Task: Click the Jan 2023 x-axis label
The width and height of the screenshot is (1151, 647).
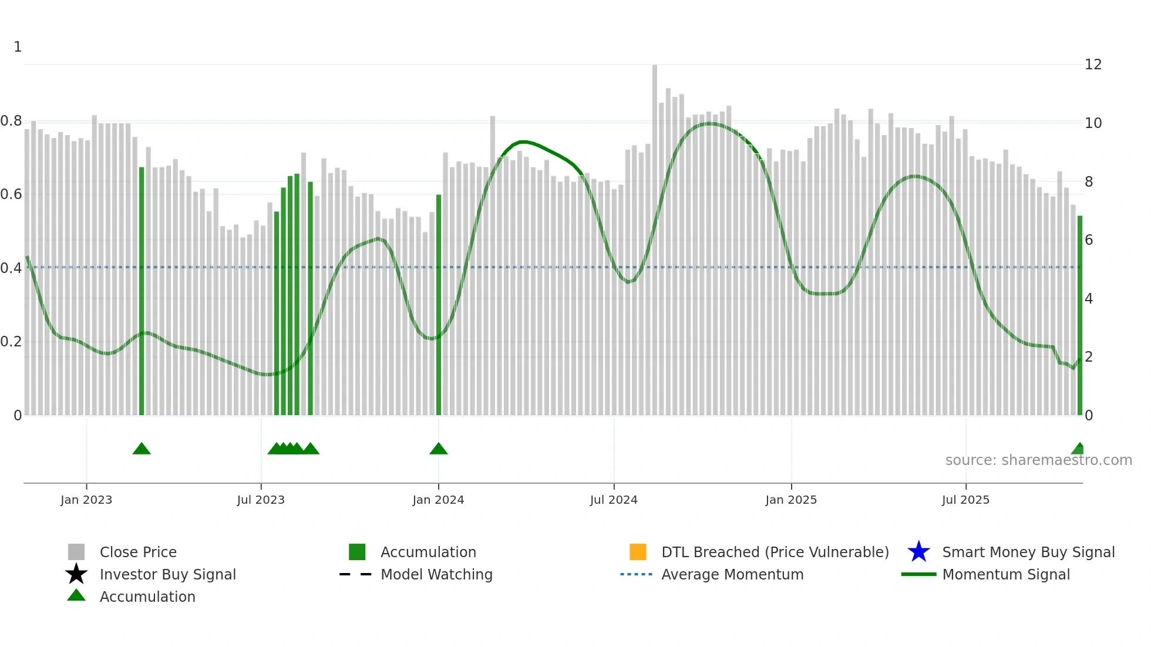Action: click(x=86, y=500)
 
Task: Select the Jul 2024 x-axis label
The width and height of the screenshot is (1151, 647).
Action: click(x=614, y=500)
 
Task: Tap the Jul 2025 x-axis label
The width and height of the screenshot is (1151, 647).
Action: click(x=965, y=500)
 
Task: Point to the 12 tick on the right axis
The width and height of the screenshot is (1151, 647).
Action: click(x=1093, y=65)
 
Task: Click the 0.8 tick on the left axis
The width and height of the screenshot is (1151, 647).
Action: click(x=11, y=122)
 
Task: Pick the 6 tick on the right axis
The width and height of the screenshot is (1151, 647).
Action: click(x=1089, y=240)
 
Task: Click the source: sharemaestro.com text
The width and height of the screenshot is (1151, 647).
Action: click(x=1038, y=460)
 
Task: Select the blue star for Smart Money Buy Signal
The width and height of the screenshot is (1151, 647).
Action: click(x=918, y=552)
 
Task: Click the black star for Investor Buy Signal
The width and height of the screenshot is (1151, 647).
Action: click(x=76, y=574)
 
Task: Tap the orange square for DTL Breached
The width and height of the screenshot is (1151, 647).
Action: click(x=638, y=552)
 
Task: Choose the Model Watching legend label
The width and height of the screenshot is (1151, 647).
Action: click(x=436, y=574)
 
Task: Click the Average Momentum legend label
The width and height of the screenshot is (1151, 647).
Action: click(x=732, y=574)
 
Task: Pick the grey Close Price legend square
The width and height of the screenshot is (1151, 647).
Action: click(x=76, y=552)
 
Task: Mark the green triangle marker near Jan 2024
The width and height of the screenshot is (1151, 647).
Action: click(x=439, y=449)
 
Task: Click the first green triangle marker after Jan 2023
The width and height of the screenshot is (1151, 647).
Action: click(x=142, y=449)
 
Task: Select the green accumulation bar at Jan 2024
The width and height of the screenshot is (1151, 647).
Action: click(x=439, y=305)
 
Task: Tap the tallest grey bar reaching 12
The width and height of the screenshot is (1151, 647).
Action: click(x=655, y=235)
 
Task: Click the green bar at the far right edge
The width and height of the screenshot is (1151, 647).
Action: click(x=1079, y=317)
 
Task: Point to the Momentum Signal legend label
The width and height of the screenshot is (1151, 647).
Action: click(x=1006, y=574)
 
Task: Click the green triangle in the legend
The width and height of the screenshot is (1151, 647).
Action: click(x=76, y=596)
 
